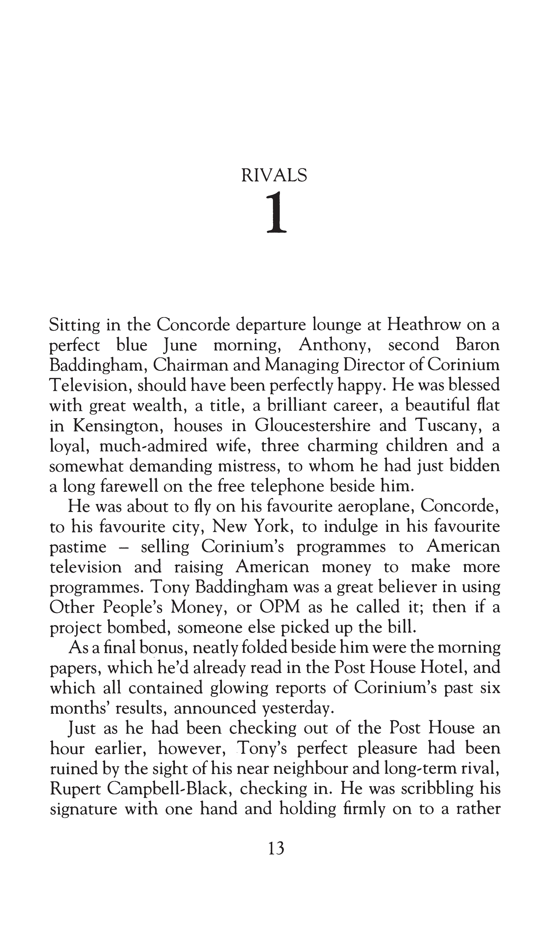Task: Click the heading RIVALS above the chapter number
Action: coord(274,175)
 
